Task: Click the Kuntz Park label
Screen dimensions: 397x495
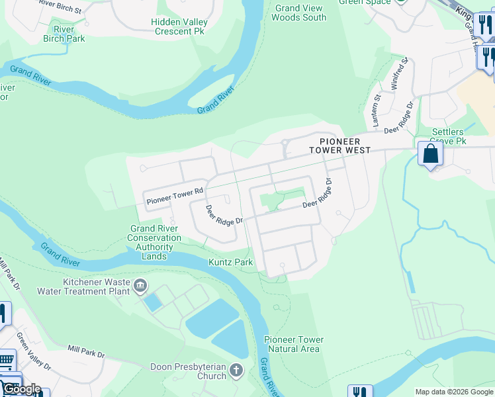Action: (x=231, y=263)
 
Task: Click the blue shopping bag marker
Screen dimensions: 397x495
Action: (x=430, y=155)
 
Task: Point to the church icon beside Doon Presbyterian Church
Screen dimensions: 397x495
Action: (x=237, y=371)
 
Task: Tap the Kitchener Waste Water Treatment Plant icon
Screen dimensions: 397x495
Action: (x=140, y=287)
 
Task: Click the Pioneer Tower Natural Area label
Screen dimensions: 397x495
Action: (x=294, y=344)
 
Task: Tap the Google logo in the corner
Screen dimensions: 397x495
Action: (x=21, y=388)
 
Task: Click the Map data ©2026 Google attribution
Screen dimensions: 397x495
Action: (x=453, y=392)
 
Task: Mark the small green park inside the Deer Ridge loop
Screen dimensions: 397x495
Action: (x=282, y=200)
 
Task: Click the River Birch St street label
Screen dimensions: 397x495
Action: (x=60, y=7)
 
